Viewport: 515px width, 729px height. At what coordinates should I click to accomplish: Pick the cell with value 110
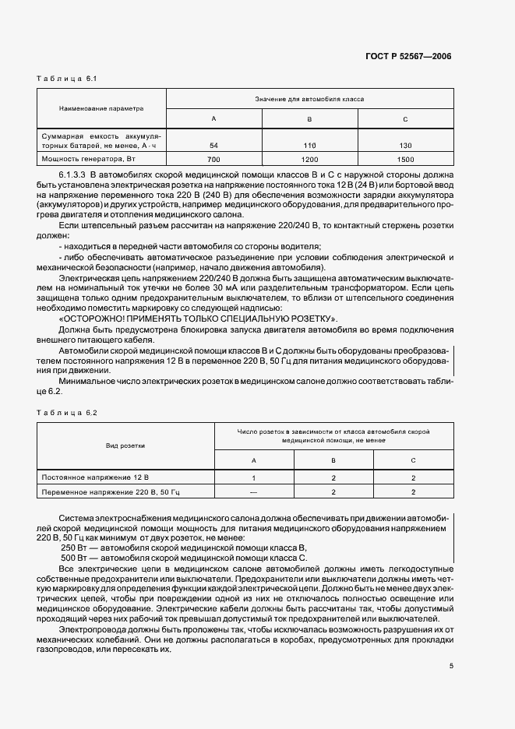coord(309,146)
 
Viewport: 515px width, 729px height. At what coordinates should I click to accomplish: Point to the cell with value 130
coord(405,146)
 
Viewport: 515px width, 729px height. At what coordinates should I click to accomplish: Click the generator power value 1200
coord(309,159)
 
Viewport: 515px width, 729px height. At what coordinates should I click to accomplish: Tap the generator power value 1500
coord(405,159)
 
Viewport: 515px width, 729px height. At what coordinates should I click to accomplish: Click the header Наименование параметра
coord(101,109)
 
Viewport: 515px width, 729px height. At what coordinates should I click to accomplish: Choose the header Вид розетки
coord(125,445)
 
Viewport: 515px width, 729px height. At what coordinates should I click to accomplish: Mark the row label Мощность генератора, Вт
coord(88,159)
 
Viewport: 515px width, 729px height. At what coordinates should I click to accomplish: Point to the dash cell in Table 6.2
coord(253,491)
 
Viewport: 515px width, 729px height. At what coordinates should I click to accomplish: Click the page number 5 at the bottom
coord(450,666)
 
